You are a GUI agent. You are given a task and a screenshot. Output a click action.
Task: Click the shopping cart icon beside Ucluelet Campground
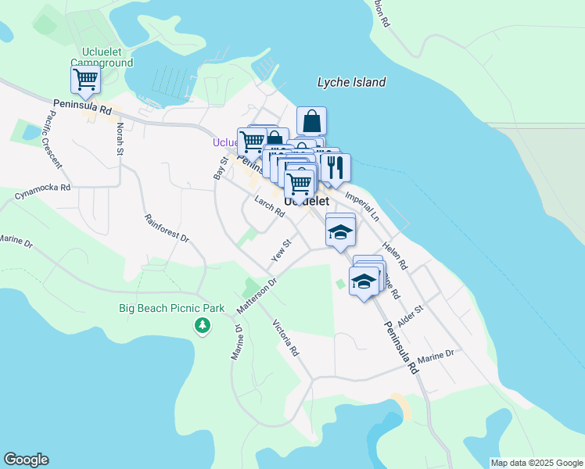(x=85, y=79)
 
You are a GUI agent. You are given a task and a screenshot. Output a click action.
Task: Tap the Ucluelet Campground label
(x=102, y=57)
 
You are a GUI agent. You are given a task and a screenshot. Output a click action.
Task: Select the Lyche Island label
(x=351, y=82)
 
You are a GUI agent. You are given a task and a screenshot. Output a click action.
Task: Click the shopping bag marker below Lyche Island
(x=311, y=121)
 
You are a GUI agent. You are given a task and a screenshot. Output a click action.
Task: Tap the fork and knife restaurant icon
(x=336, y=167)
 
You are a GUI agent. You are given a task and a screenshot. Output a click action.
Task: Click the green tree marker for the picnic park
(x=203, y=324)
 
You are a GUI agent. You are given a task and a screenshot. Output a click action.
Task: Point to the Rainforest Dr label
(x=167, y=226)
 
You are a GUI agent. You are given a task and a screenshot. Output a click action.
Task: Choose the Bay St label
(x=220, y=168)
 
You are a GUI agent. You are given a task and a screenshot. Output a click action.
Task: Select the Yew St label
(x=281, y=251)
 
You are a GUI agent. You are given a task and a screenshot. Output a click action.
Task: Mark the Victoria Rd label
(x=285, y=338)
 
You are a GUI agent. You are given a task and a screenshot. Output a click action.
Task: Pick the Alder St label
(x=409, y=315)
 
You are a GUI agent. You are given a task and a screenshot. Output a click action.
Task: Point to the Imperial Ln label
(x=361, y=200)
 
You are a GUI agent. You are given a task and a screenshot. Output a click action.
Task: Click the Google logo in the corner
(x=26, y=460)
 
